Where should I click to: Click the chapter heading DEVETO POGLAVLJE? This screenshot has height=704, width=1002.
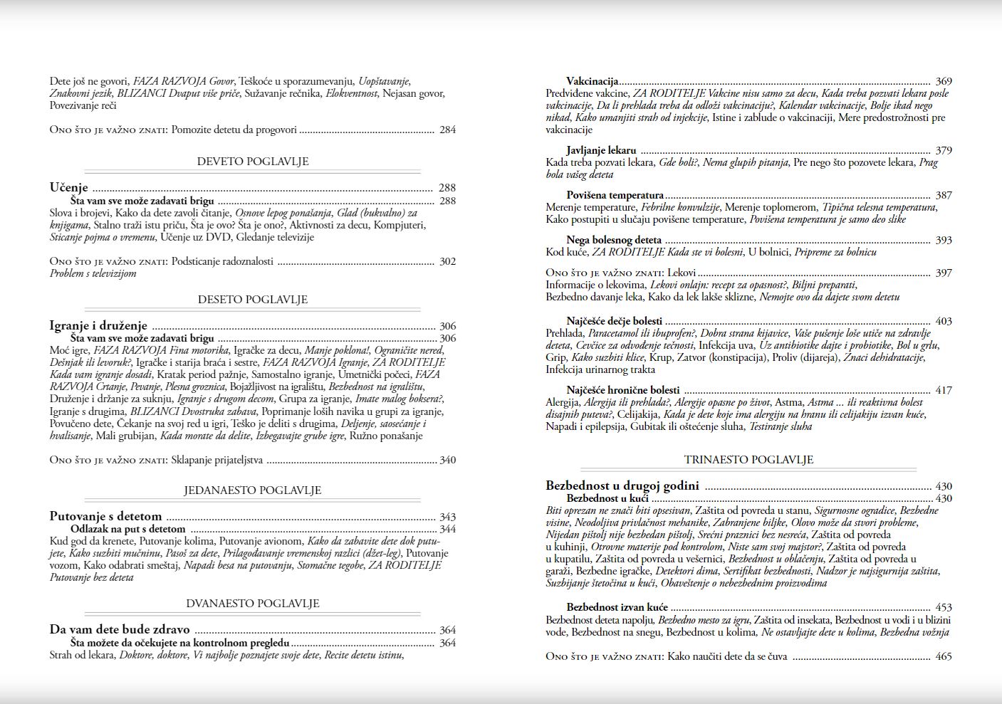tap(253, 162)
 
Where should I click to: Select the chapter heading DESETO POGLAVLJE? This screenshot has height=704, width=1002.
tap(253, 300)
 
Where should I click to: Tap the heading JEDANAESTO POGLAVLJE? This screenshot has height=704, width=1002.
tap(253, 490)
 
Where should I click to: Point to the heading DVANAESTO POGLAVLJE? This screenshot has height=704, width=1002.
tap(253, 604)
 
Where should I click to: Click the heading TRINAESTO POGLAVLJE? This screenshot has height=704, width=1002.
tap(748, 460)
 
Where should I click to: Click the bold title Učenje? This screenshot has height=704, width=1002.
tap(69, 188)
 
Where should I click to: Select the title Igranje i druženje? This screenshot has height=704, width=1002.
tap(98, 326)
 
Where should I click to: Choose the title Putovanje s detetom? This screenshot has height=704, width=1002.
tap(105, 517)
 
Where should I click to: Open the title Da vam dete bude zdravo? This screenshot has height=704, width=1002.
tap(120, 630)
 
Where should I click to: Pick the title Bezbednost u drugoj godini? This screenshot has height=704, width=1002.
tap(622, 486)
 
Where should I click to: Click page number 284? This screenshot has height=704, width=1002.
tap(447, 130)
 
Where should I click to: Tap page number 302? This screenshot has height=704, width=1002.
tap(447, 261)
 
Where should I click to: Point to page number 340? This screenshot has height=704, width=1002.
tap(447, 460)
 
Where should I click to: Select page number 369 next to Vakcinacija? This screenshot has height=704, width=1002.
tap(944, 81)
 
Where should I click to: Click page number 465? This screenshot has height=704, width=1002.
tap(944, 656)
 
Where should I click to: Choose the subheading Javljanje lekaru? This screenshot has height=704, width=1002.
tap(602, 150)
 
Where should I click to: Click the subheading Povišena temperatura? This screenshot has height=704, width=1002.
tap(615, 195)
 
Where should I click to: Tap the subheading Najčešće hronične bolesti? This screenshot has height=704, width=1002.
tap(623, 390)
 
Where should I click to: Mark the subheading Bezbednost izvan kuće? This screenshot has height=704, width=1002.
tap(617, 607)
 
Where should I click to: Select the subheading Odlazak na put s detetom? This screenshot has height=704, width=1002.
tap(128, 529)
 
